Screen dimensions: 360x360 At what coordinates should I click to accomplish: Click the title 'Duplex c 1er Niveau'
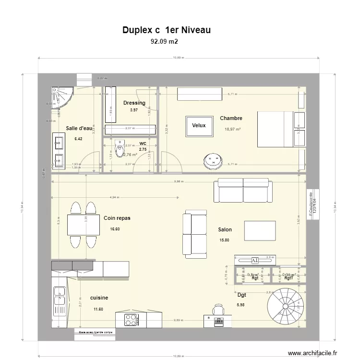pos(167,30)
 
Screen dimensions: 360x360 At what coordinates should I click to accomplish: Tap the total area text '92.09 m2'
pos(164,42)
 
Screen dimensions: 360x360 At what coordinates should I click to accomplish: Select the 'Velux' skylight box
pos(199,126)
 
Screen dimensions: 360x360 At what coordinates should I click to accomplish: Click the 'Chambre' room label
pos(231,118)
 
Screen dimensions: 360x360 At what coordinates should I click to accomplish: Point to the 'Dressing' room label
pos(134,103)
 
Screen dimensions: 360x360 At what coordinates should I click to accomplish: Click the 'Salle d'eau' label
pos(79,128)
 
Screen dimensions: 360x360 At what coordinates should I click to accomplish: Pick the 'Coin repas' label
pos(117,218)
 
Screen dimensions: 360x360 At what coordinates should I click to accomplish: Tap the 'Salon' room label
pos(225,230)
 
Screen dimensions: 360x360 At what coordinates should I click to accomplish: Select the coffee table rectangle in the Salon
pos(260,230)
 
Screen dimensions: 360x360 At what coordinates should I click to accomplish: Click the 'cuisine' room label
pos(99,298)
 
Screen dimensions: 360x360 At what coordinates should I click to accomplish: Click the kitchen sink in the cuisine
pos(60,296)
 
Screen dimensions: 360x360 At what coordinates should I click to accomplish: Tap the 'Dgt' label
pos(241,295)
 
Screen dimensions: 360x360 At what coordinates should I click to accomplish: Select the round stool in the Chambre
pos(212,160)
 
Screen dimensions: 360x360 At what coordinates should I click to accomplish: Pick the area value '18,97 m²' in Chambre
pos(232,129)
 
